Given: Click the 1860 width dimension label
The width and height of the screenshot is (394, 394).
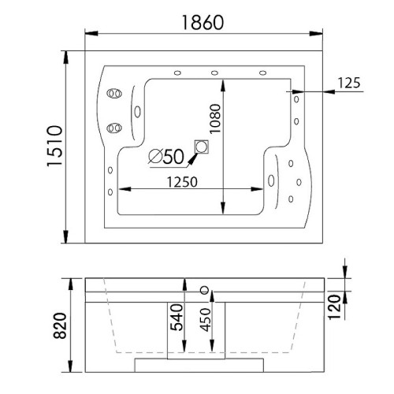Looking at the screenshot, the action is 203,23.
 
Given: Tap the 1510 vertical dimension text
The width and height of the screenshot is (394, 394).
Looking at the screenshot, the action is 54,146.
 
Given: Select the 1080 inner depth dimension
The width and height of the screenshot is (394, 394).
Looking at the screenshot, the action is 215,119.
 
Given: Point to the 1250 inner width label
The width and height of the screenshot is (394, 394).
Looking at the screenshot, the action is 182,182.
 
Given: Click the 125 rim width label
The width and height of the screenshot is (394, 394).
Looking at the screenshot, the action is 349,83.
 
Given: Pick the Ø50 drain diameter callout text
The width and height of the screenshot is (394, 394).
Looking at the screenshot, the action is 166,157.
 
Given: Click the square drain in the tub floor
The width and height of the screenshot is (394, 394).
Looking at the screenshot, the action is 202,147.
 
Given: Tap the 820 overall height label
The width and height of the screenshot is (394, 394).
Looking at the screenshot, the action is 60,325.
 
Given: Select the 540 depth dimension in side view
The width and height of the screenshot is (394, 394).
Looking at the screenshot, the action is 177,318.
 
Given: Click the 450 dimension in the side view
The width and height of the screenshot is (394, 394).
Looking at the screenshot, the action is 205,319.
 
